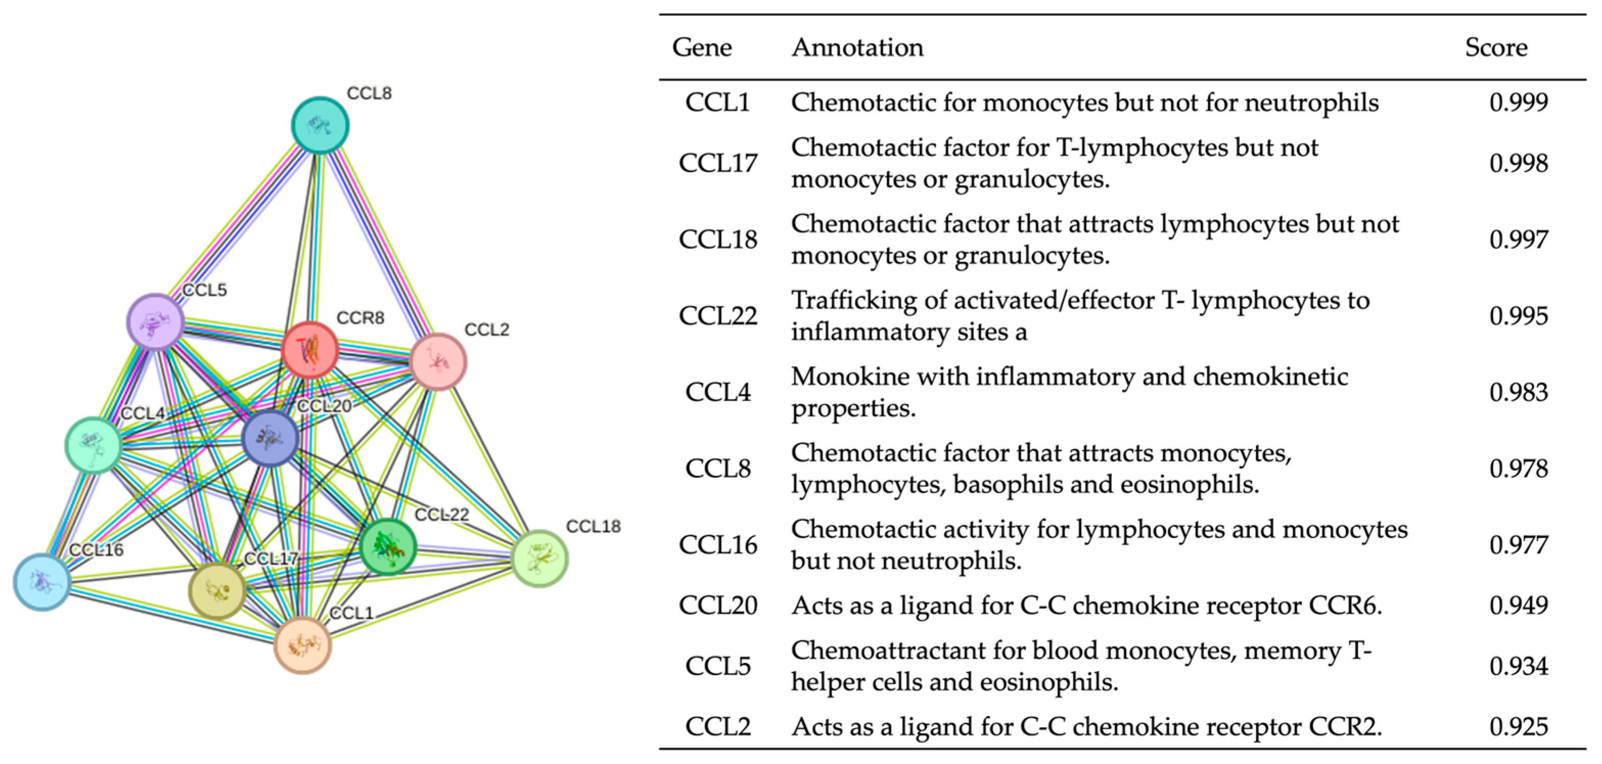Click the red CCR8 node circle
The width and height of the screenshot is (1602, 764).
(310, 350)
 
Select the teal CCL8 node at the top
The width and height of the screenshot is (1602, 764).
(320, 125)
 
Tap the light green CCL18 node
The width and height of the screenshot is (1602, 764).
(539, 558)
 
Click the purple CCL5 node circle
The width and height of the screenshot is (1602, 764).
(155, 321)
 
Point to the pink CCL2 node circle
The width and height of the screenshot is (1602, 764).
(438, 361)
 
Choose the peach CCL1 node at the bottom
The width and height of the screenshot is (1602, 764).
(303, 645)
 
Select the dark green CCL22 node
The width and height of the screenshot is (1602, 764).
(388, 547)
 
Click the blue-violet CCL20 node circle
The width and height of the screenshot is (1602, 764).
(270, 438)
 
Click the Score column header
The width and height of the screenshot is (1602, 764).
(1496, 48)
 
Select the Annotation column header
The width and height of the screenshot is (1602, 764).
(857, 48)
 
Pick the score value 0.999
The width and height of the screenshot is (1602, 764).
(1518, 103)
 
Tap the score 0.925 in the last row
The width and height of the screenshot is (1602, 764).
(1518, 727)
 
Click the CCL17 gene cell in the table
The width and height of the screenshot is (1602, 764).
(717, 164)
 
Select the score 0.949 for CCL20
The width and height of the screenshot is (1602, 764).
(1518, 606)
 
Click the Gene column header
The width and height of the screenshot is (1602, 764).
(702, 48)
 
